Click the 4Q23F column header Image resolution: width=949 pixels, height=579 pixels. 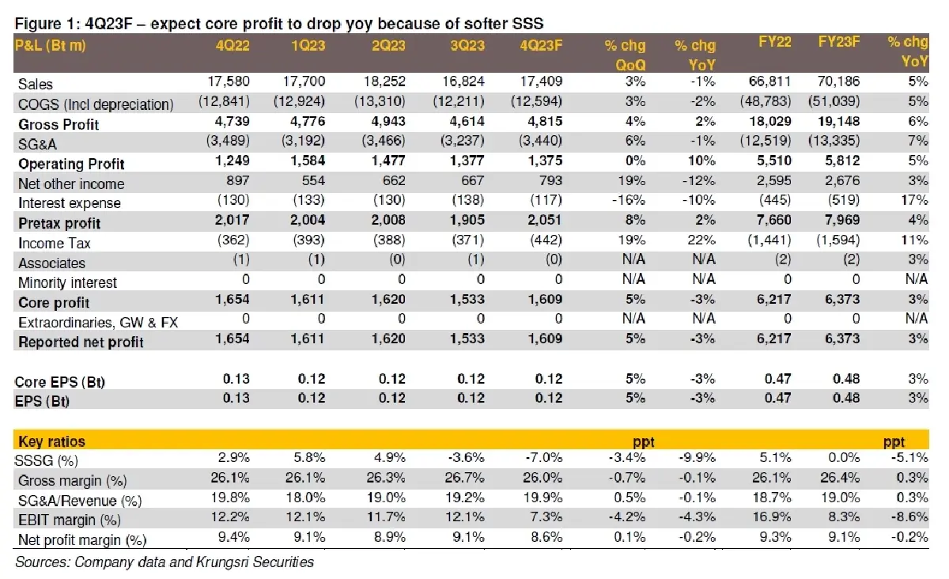(541, 45)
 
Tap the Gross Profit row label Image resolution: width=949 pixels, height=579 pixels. (59, 125)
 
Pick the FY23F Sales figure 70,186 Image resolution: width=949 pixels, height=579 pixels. (838, 81)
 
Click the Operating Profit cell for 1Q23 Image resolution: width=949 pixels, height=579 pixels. (307, 161)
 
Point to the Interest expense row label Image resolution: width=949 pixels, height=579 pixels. (69, 203)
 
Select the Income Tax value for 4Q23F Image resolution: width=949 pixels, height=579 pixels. (546, 240)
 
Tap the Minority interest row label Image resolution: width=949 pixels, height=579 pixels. (67, 282)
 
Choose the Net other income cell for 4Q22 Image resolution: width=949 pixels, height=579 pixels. (238, 181)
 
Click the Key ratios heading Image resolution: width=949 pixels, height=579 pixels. (51, 441)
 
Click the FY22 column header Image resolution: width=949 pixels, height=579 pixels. (773, 42)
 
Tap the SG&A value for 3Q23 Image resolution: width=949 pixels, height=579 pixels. (462, 141)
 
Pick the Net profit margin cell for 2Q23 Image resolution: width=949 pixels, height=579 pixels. (389, 537)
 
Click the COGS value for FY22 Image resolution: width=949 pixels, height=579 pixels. (766, 102)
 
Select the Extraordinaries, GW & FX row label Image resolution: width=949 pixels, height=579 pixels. (98, 323)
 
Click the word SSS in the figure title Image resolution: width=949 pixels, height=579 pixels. (527, 24)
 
